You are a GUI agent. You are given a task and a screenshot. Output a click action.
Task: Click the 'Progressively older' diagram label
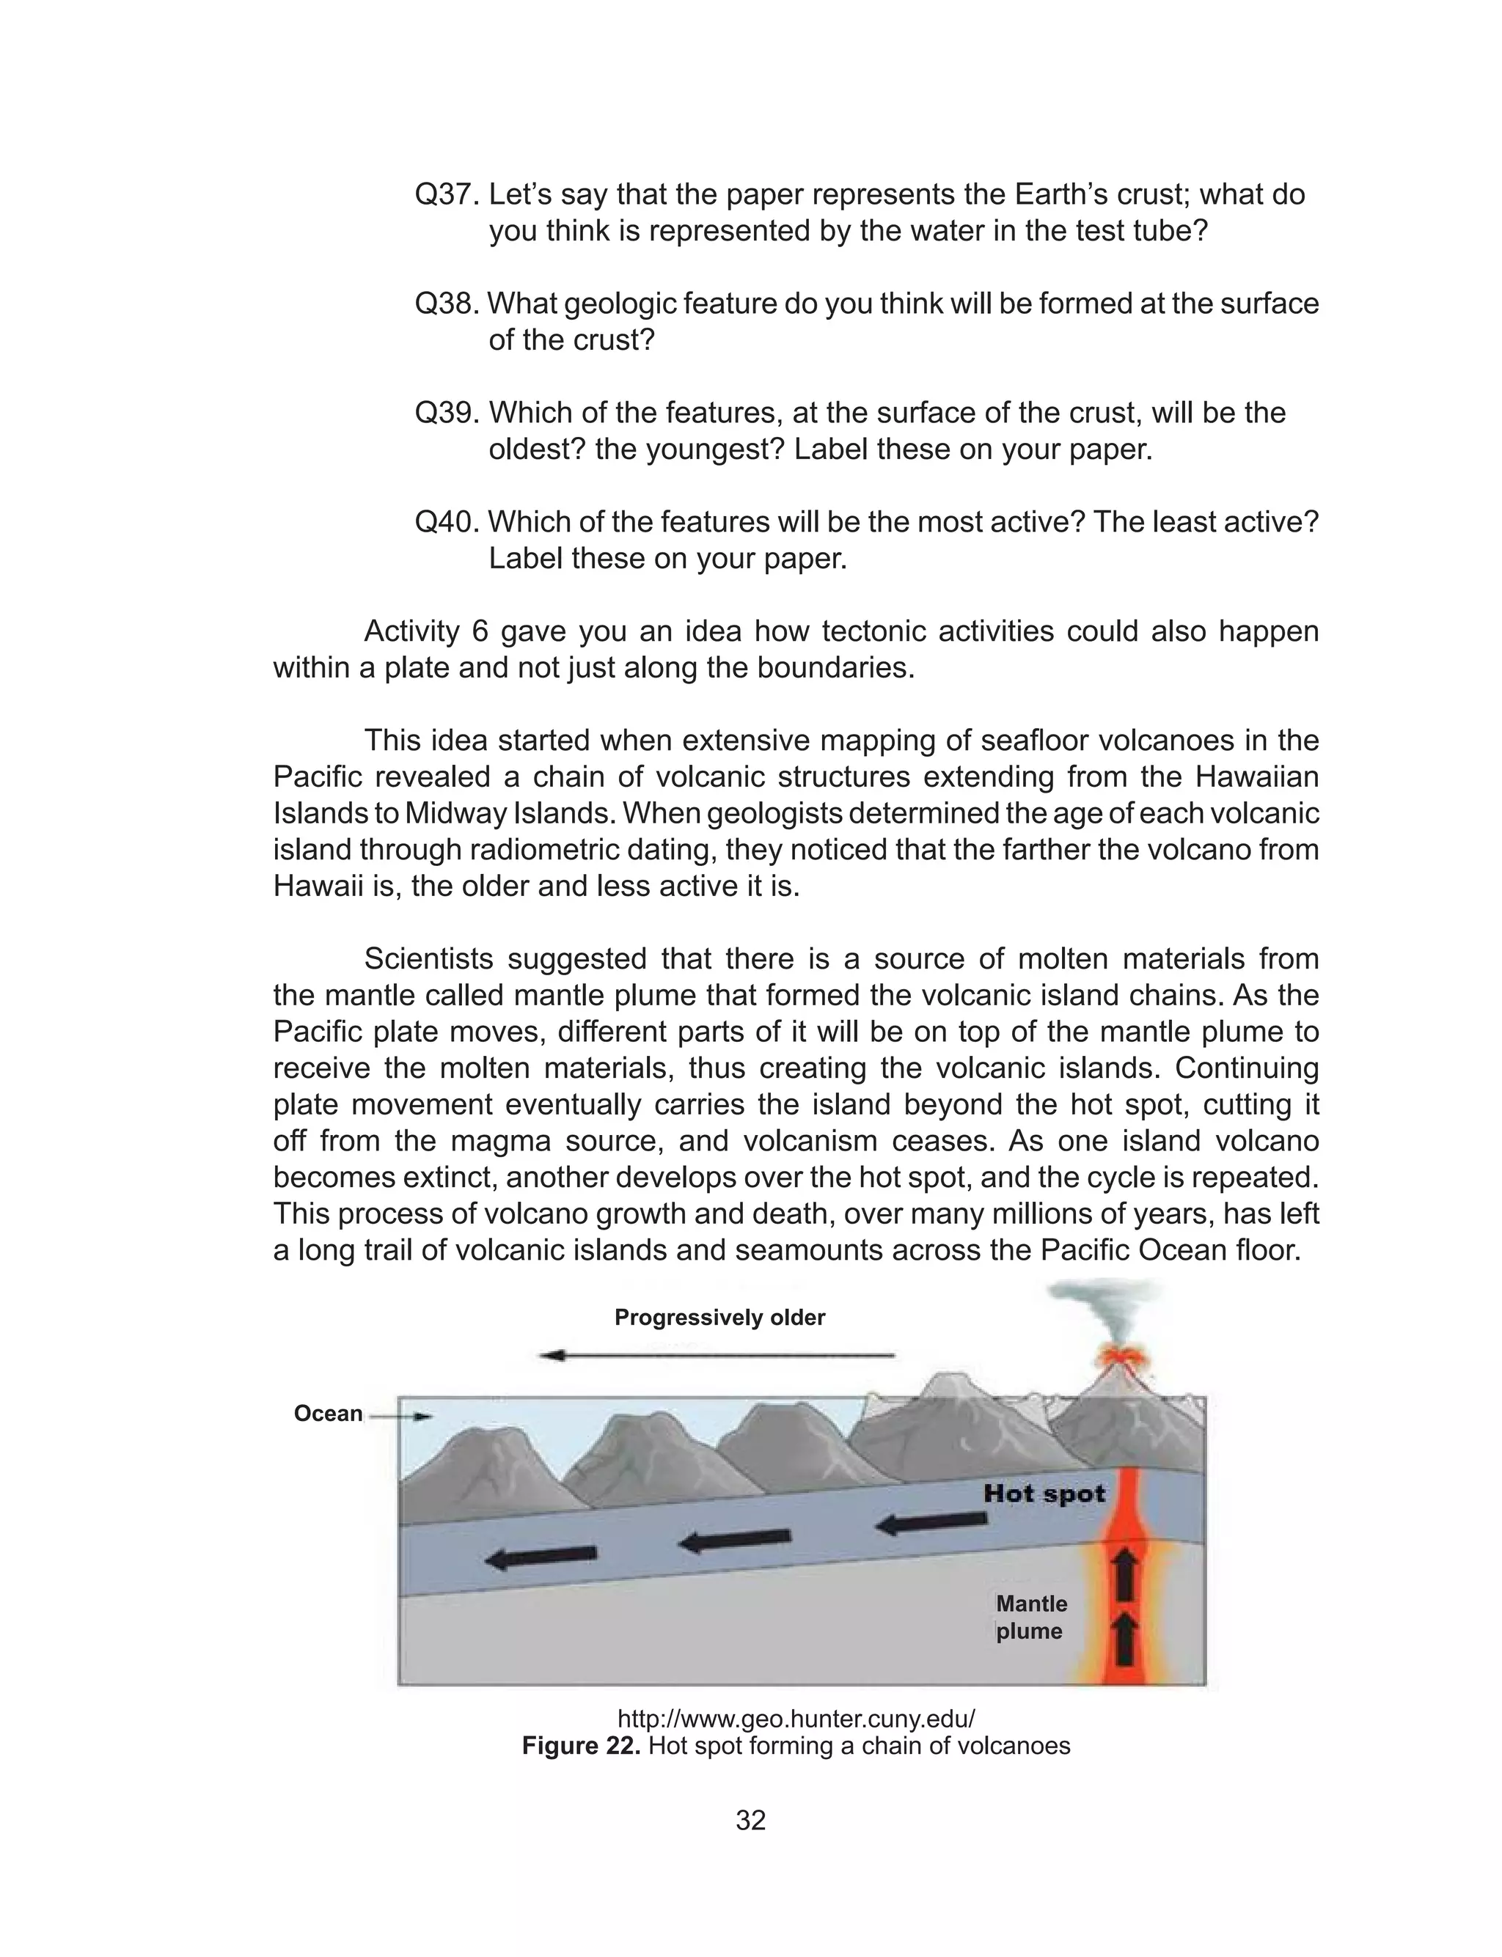pos(719,1317)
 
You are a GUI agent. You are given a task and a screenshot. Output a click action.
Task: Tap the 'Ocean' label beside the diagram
pos(328,1413)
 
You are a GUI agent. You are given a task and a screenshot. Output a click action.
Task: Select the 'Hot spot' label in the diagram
pos(1044,1493)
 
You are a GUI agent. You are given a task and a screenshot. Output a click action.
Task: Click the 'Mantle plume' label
pos(1031,1617)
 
